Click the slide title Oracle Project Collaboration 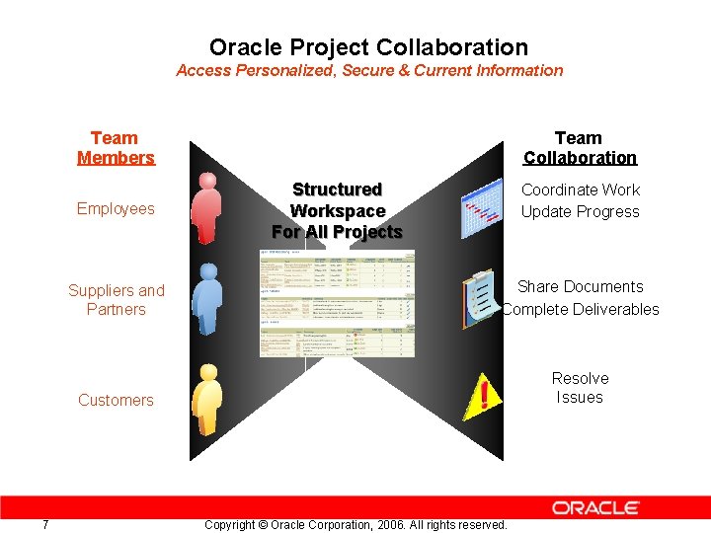(x=368, y=47)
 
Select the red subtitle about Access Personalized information (x=369, y=71)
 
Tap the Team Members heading (x=116, y=148)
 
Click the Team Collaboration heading (x=580, y=148)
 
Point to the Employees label (x=116, y=208)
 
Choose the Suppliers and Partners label (x=116, y=300)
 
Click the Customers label (x=116, y=400)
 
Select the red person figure (x=205, y=208)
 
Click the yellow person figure (x=205, y=400)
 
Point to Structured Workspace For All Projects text (x=337, y=210)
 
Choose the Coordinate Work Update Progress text (x=580, y=200)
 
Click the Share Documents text (x=580, y=287)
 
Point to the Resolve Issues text (x=580, y=388)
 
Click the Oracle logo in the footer (x=595, y=508)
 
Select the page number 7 (x=45, y=524)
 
